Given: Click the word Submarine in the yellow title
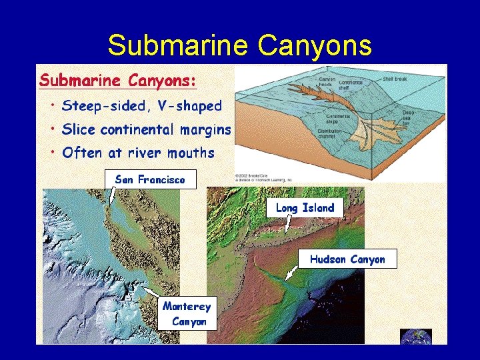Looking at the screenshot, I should point(178,45).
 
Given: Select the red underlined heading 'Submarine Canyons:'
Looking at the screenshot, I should point(118,81).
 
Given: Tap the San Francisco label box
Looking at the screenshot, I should point(150,179).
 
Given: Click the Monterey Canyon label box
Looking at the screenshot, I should point(187,314).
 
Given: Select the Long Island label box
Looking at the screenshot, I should point(305,208).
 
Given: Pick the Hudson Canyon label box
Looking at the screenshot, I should point(347,259).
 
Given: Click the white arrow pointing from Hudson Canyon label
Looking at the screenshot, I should point(291,273).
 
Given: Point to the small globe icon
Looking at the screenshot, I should point(416,337).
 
